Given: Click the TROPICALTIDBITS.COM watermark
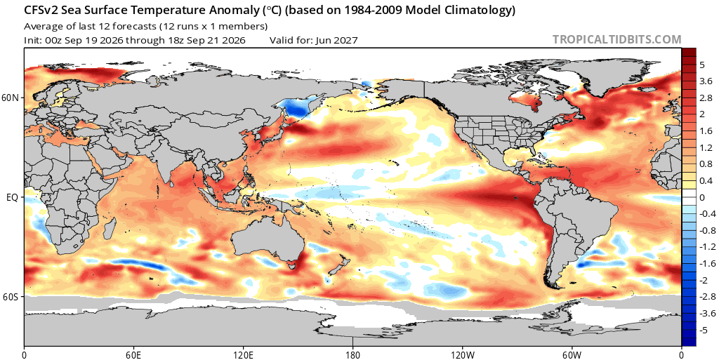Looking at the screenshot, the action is (x=616, y=39).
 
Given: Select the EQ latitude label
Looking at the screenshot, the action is (x=13, y=197).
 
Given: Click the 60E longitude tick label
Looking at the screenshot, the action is (x=133, y=354).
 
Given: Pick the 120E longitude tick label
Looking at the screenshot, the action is (x=242, y=354).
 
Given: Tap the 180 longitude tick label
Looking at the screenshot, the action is (x=352, y=354).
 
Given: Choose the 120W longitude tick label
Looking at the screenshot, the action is (x=462, y=354).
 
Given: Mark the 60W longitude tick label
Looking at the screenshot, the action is (x=572, y=354).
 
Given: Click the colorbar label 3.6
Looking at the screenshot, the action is (x=705, y=81).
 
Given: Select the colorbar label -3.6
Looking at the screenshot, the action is (x=706, y=313).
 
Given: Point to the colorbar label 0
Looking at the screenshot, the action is (x=702, y=197).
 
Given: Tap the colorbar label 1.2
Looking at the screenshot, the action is (x=705, y=147).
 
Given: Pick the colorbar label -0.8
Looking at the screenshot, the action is (x=706, y=230).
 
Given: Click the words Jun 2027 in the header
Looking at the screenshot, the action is (x=336, y=40).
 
